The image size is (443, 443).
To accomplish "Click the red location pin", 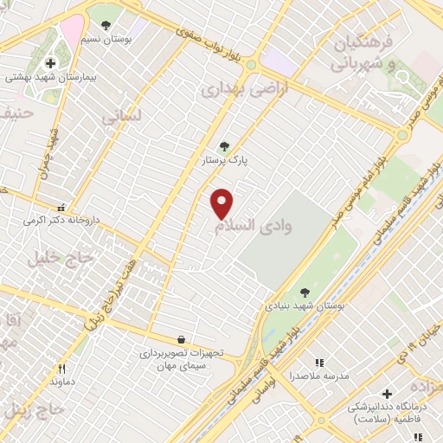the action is (222, 203).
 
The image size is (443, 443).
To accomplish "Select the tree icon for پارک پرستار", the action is (226, 146).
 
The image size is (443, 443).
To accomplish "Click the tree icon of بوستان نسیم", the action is (106, 26).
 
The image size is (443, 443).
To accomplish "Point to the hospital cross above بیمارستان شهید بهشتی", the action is (51, 63).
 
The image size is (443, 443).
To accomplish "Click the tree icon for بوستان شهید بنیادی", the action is (304, 292).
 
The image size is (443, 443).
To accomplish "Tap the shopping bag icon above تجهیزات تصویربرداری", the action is (180, 339).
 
